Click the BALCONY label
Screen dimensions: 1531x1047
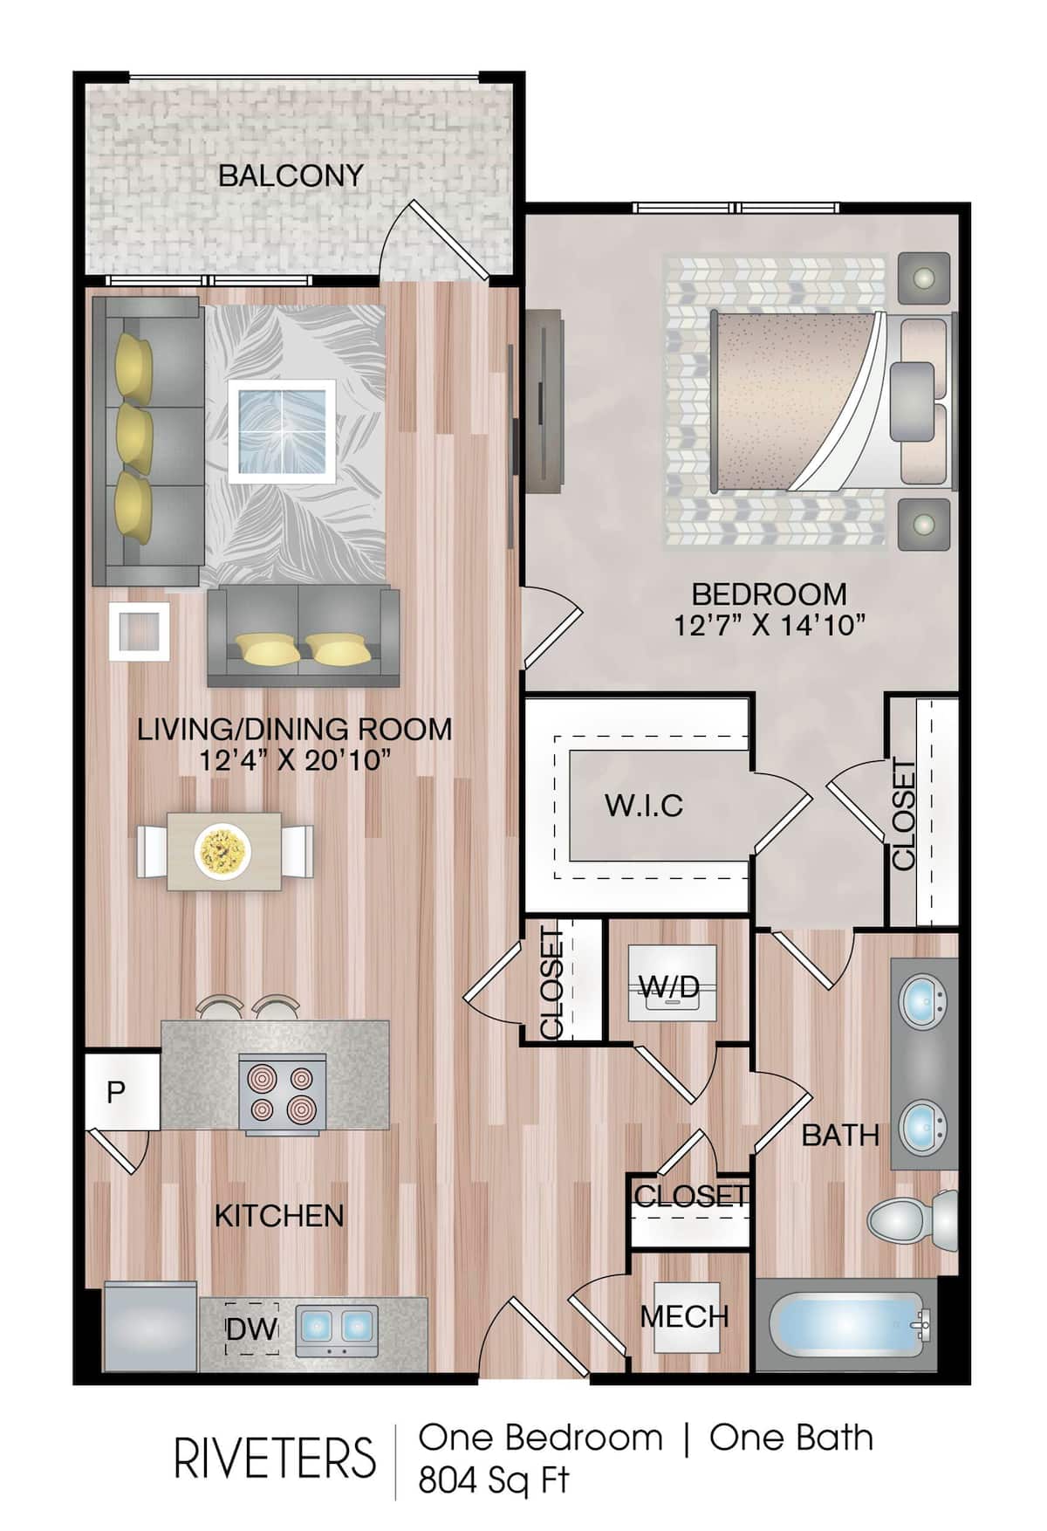click(290, 175)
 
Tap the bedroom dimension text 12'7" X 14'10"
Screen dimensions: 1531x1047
click(769, 625)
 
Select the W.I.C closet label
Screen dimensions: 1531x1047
click(644, 805)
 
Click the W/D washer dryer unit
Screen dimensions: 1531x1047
click(672, 984)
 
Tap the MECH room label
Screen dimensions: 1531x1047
click(684, 1316)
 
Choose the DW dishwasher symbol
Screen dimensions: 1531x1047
click(251, 1328)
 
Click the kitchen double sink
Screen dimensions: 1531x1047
click(338, 1328)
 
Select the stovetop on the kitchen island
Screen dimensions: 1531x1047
click(283, 1094)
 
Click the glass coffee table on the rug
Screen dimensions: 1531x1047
click(282, 430)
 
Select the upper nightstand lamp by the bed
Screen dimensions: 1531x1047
click(923, 279)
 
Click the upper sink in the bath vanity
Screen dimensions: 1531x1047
click(923, 998)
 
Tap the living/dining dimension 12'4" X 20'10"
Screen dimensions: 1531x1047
click(294, 760)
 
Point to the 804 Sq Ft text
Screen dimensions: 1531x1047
click(493, 1480)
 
